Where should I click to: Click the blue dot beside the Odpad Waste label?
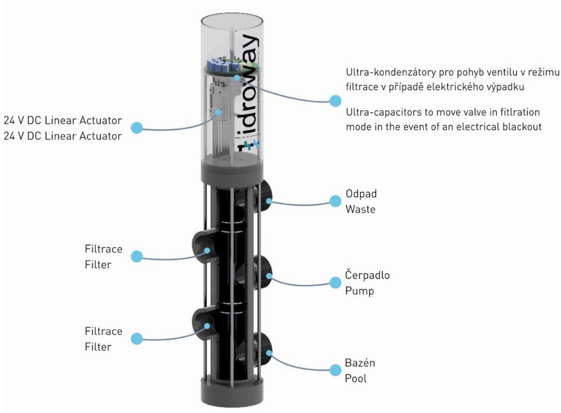(x=335, y=201)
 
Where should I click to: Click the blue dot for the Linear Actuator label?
(x=138, y=127)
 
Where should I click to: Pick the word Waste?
(x=361, y=209)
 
